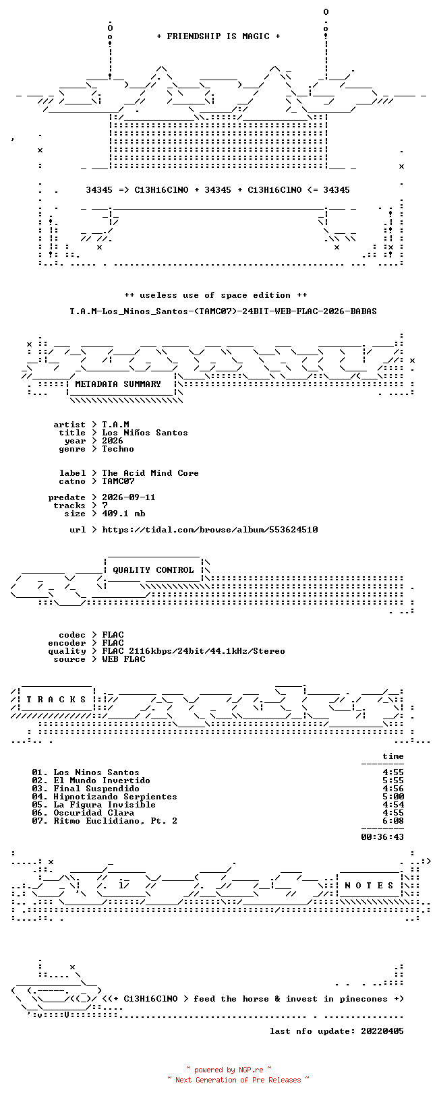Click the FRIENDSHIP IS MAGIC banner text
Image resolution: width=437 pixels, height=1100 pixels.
click(218, 36)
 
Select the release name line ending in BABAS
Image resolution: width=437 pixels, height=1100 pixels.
click(223, 311)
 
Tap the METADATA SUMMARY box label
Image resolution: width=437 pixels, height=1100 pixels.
click(118, 384)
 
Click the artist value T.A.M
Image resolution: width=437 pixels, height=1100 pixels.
click(115, 425)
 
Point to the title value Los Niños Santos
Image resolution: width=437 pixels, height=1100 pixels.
click(145, 433)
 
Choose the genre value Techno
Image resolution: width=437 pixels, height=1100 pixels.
click(118, 449)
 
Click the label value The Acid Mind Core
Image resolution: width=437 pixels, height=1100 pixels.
click(150, 473)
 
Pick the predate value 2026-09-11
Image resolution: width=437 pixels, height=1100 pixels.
click(129, 497)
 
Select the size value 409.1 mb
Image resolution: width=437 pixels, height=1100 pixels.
click(123, 514)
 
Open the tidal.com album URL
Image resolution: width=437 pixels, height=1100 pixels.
click(210, 530)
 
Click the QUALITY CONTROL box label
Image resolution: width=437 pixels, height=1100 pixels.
click(153, 570)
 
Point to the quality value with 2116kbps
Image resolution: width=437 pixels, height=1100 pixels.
click(194, 651)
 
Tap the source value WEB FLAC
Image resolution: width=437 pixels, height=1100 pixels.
click(123, 659)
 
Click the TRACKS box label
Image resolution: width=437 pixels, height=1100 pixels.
click(56, 699)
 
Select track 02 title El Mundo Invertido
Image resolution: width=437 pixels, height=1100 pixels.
click(102, 781)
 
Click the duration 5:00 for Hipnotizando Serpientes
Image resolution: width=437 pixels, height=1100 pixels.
click(393, 797)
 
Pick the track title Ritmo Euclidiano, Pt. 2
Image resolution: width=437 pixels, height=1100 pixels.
click(115, 820)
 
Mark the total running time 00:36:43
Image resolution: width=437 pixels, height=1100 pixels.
click(382, 836)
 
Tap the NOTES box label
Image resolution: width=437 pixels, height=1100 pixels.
click(369, 886)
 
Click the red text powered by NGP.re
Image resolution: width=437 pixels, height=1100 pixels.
click(229, 1070)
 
